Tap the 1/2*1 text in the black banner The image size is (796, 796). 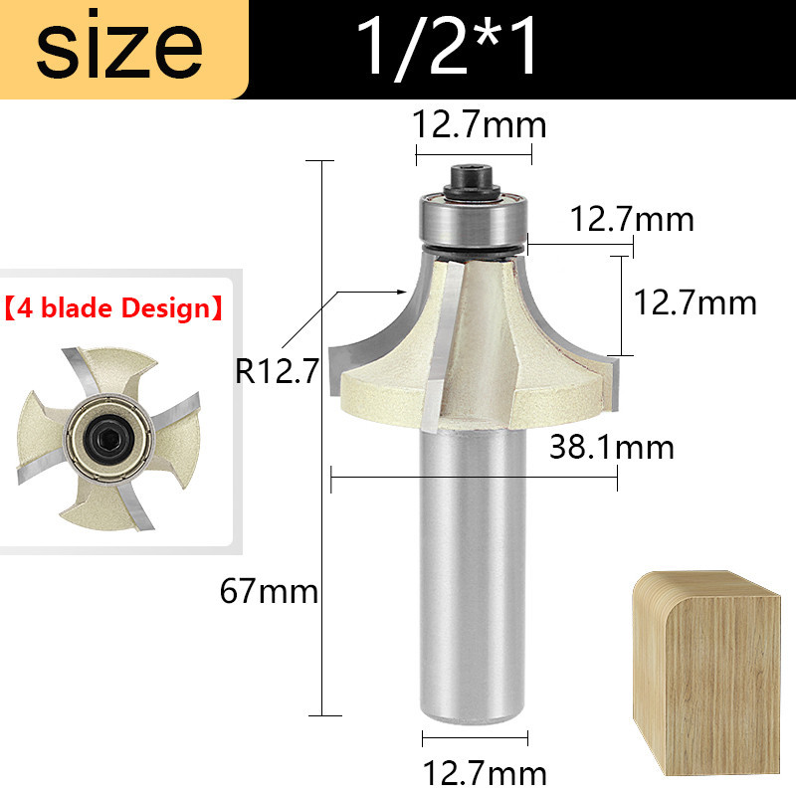click(x=447, y=47)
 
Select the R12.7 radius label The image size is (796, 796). click(x=277, y=370)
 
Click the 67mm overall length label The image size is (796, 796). click(x=269, y=591)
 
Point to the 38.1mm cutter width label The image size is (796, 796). click(x=612, y=447)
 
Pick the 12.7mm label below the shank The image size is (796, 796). click(x=485, y=773)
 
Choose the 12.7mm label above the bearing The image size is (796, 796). click(x=480, y=124)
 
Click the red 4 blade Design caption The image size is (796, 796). click(x=113, y=308)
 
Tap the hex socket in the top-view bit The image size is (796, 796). click(x=107, y=436)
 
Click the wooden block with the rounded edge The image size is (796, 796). click(x=706, y=674)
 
